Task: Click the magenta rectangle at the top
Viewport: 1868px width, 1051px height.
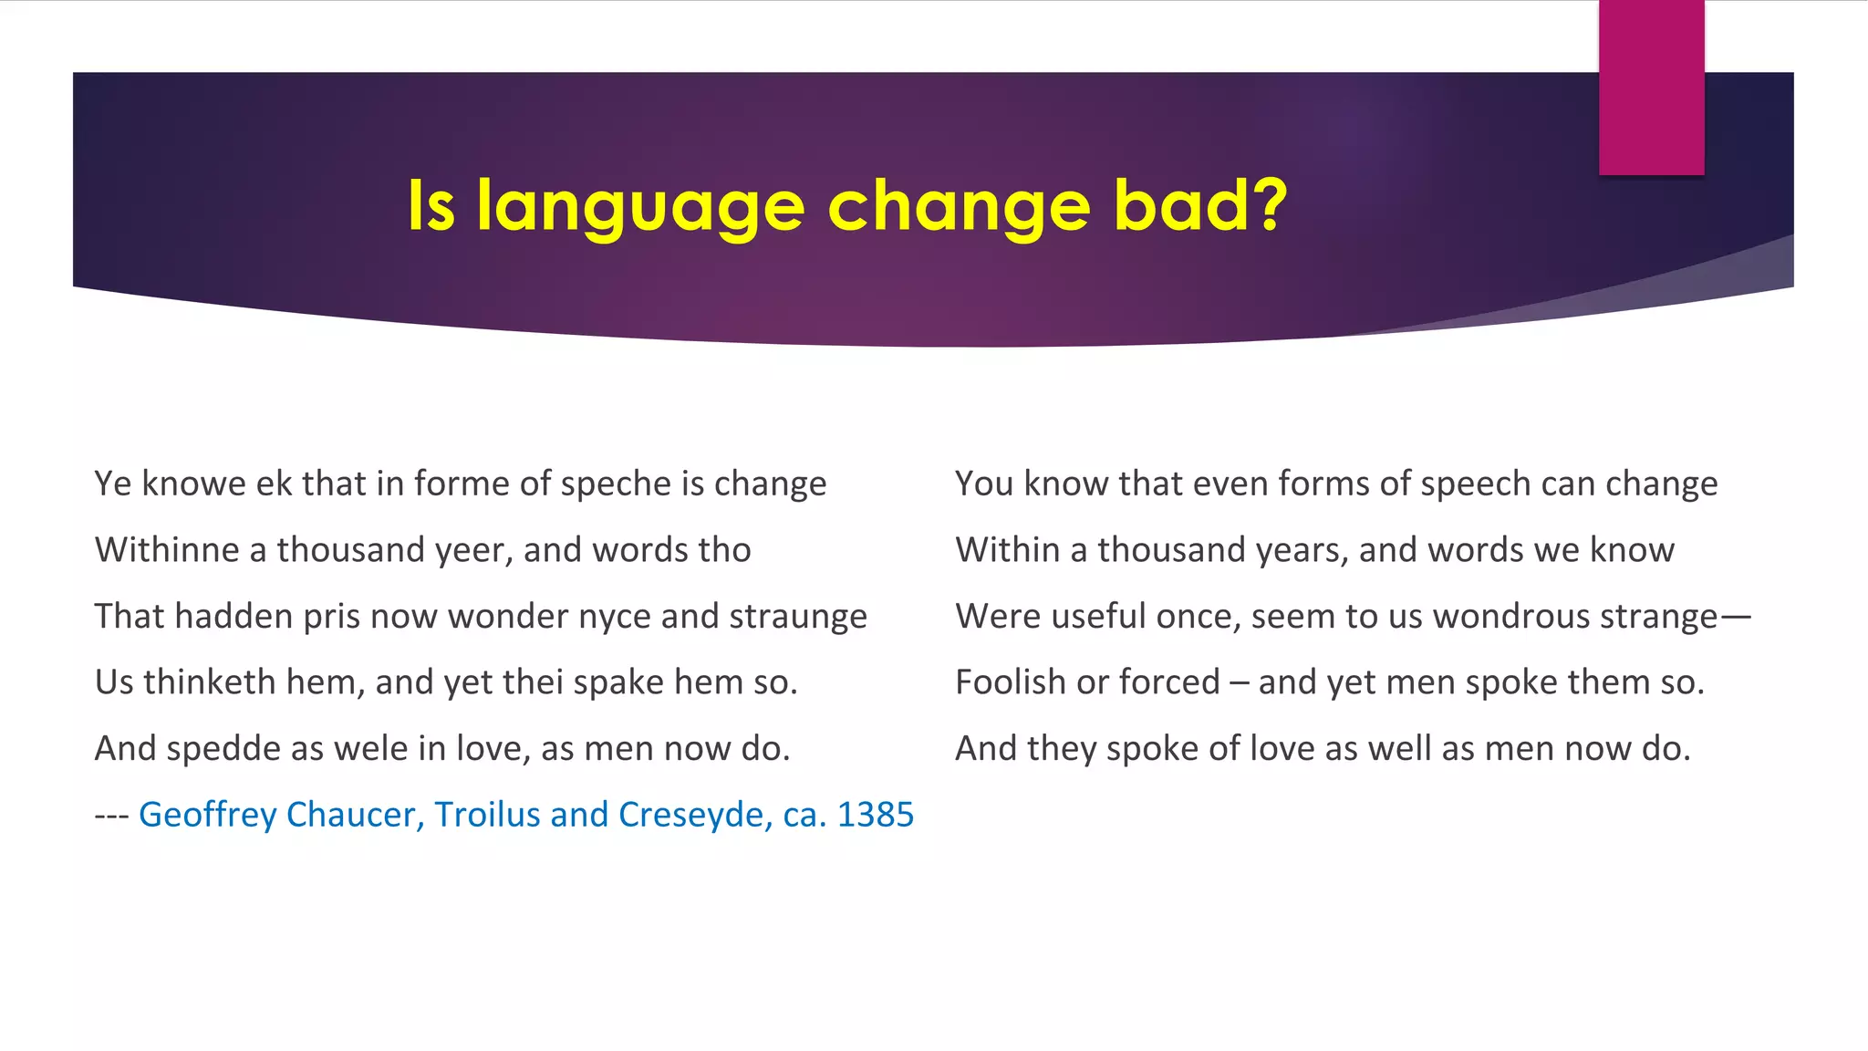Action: [x=1651, y=87]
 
